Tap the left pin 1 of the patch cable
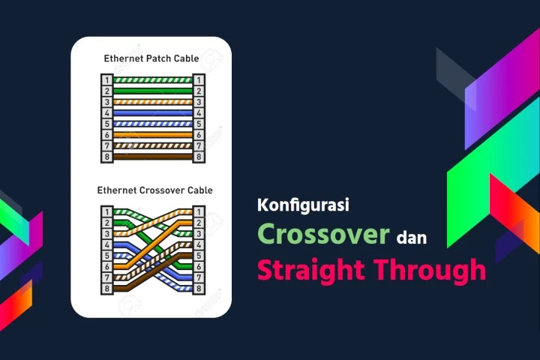point(106,79)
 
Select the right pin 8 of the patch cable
point(199,157)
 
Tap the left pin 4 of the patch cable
point(106,112)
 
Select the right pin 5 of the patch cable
point(199,124)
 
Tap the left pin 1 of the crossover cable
point(106,211)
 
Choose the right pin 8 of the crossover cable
point(199,289)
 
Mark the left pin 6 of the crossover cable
point(106,267)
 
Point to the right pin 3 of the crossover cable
point(199,233)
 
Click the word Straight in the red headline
point(311,269)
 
